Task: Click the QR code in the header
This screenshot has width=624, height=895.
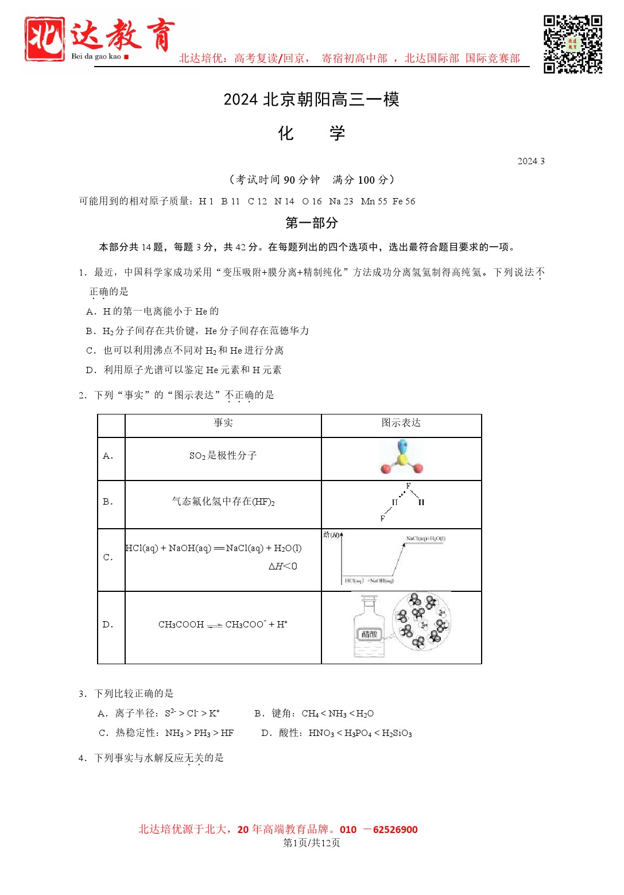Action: pos(572,44)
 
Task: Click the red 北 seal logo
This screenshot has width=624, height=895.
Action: pos(44,39)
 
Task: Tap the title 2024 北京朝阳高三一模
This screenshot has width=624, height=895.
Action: pos(311,99)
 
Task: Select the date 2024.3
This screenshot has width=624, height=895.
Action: pos(530,161)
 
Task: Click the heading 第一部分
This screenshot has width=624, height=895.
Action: pos(311,223)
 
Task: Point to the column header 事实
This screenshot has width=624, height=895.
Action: pos(223,423)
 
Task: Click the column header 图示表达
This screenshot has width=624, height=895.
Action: pos(401,423)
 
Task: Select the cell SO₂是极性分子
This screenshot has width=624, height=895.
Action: pos(223,456)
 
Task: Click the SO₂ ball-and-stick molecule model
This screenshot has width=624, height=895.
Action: pos(402,458)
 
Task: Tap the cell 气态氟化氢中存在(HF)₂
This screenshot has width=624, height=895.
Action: pos(223,502)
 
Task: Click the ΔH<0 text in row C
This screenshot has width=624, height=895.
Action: pos(282,567)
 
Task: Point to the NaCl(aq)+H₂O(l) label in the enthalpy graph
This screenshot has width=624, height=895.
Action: pos(425,538)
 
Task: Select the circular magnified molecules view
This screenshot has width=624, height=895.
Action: pos(422,622)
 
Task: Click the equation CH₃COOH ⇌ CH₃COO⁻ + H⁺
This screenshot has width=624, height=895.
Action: pos(223,625)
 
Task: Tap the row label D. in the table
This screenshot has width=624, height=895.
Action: pos(108,625)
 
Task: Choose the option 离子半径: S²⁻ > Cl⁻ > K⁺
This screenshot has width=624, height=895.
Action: pos(159,714)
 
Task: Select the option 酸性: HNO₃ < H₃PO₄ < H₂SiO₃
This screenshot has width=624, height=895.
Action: pos(337,733)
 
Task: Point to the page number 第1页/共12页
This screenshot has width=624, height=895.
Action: pos(312,843)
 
